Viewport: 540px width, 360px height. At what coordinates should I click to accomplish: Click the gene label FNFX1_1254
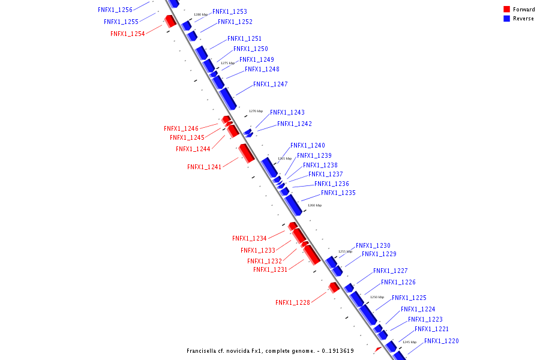point(127,34)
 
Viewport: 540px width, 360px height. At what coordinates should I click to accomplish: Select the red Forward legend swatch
point(507,9)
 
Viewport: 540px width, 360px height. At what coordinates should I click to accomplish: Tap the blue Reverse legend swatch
point(507,19)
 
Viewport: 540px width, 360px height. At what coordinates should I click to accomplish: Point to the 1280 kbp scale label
point(200,14)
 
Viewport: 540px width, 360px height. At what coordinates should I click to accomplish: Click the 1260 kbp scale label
point(314,205)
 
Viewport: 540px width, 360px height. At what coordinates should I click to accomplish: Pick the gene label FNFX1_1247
point(270,85)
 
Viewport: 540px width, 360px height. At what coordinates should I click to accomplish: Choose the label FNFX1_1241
point(204,167)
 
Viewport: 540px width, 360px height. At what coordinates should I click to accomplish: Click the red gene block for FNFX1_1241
point(246,152)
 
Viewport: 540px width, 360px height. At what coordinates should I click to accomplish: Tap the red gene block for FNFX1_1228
point(334,287)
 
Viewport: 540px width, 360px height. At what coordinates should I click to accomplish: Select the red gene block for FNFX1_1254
point(170,21)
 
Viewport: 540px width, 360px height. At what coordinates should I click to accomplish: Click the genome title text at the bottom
point(270,351)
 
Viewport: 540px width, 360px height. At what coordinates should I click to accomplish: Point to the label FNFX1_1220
point(441,341)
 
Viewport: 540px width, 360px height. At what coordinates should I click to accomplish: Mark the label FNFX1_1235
point(338,193)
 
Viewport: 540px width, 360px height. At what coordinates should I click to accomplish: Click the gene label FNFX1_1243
point(287,113)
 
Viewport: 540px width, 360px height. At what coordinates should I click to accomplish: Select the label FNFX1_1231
point(270,270)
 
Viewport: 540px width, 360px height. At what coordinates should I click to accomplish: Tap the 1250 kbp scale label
point(377,297)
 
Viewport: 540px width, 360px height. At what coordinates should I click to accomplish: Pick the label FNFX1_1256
point(115,10)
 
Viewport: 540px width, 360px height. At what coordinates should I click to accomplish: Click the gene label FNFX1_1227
point(390,271)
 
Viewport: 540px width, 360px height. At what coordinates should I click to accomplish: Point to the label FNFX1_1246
point(181,128)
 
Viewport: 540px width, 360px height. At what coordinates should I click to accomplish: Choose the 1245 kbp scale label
point(409,342)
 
